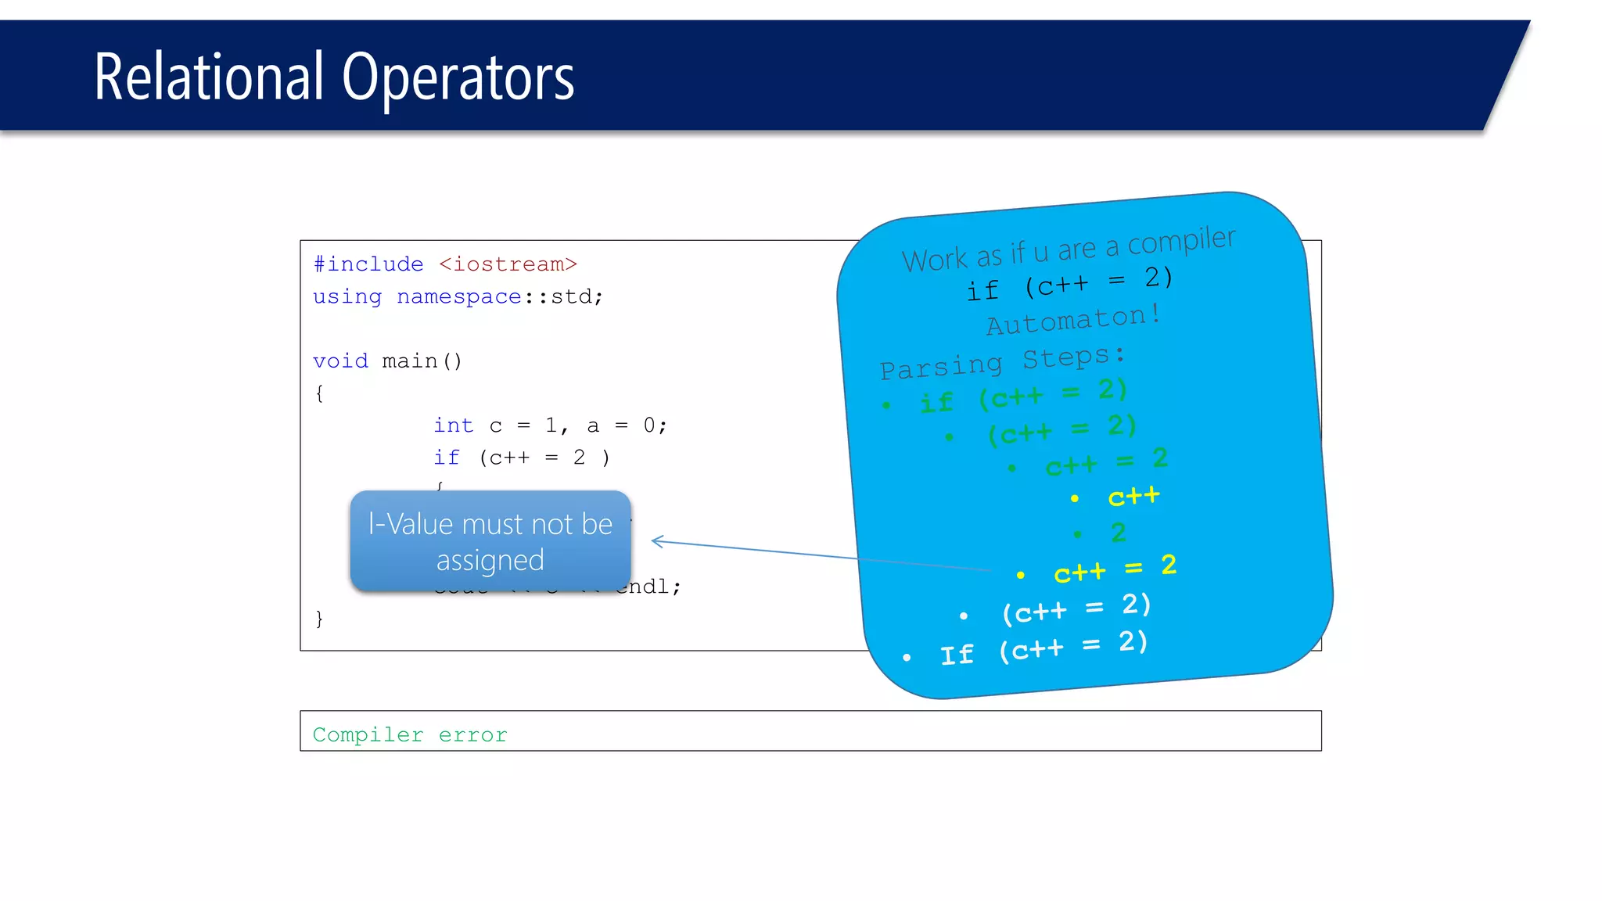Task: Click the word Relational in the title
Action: pyautogui.click(x=208, y=77)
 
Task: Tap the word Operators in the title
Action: pyautogui.click(x=458, y=78)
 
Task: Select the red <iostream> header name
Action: pyautogui.click(x=508, y=264)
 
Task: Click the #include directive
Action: pyautogui.click(x=368, y=264)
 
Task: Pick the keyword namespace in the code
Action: pyautogui.click(x=458, y=297)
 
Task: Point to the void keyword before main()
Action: pyautogui.click(x=340, y=361)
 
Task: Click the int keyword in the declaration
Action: pyautogui.click(x=454, y=425)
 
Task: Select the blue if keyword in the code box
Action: pyautogui.click(x=447, y=458)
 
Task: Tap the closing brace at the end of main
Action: pyautogui.click(x=319, y=619)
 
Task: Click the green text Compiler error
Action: pyautogui.click(x=410, y=734)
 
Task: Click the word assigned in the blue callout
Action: pyautogui.click(x=490, y=561)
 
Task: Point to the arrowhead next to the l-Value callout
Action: pyautogui.click(x=658, y=541)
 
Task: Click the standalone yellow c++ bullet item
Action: pyautogui.click(x=1133, y=497)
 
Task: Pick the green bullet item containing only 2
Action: pyautogui.click(x=1118, y=533)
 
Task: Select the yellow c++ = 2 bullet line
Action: pyautogui.click(x=1115, y=569)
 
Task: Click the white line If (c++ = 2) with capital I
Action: pyautogui.click(x=1043, y=648)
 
